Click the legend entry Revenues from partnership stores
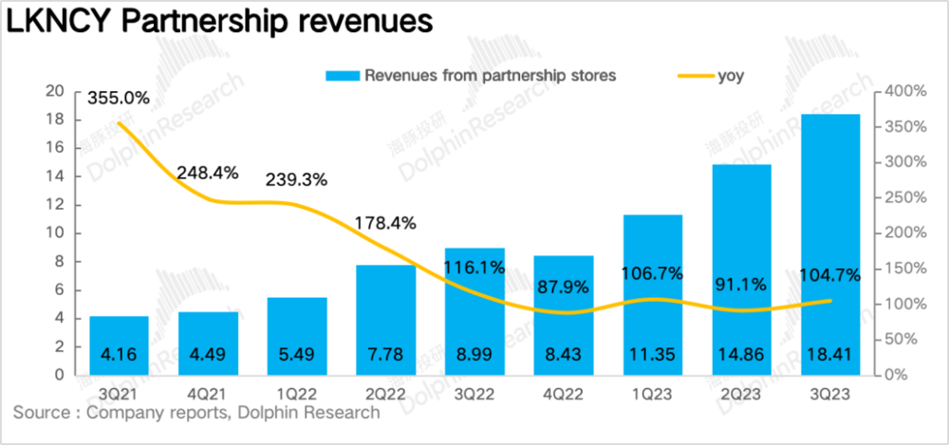tap(471, 77)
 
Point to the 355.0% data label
tap(119, 97)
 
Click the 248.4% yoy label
tap(208, 173)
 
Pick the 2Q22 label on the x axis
tap(386, 393)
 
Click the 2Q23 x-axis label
tap(742, 393)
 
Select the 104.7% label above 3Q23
tap(828, 276)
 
